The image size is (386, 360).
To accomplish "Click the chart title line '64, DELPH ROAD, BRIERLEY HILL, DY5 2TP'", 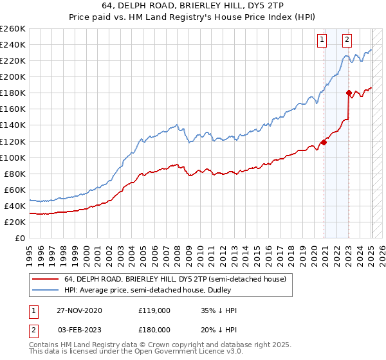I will [x=192, y=5].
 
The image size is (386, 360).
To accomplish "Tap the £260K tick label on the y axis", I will [x=13, y=29].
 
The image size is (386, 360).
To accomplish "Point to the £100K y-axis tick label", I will [x=13, y=157].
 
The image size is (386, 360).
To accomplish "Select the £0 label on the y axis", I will [x=20, y=238].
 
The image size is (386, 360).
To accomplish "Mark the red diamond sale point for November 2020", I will [x=324, y=142].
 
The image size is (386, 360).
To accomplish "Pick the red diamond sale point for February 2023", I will [x=349, y=93].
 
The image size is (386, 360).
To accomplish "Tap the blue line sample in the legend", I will [x=46, y=291].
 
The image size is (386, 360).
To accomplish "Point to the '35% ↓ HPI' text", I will [x=219, y=310].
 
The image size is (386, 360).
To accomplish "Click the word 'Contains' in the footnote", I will [x=43, y=345].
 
